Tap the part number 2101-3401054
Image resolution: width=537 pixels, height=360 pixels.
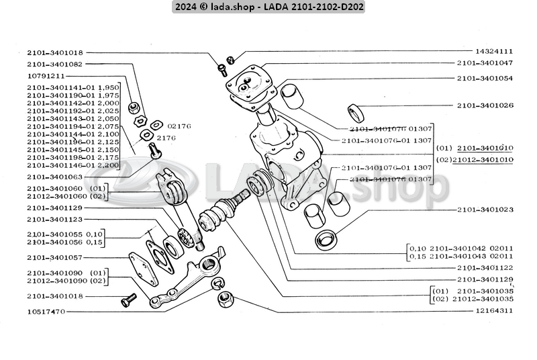click(485, 79)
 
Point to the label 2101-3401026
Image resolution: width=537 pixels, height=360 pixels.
click(485, 105)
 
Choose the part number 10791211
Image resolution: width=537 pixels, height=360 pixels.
click(46, 76)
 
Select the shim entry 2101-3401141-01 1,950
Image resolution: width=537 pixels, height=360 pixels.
click(73, 87)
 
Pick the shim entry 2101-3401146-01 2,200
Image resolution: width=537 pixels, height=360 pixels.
click(73, 164)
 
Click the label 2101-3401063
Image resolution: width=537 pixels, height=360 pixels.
click(55, 177)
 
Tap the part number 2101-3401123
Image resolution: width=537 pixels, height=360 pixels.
click(55, 219)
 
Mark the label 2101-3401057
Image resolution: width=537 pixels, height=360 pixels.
click(55, 257)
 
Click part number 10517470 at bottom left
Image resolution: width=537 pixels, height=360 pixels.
click(46, 312)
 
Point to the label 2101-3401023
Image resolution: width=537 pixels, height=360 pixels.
click(485, 210)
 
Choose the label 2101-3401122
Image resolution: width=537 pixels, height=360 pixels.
click(485, 267)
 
